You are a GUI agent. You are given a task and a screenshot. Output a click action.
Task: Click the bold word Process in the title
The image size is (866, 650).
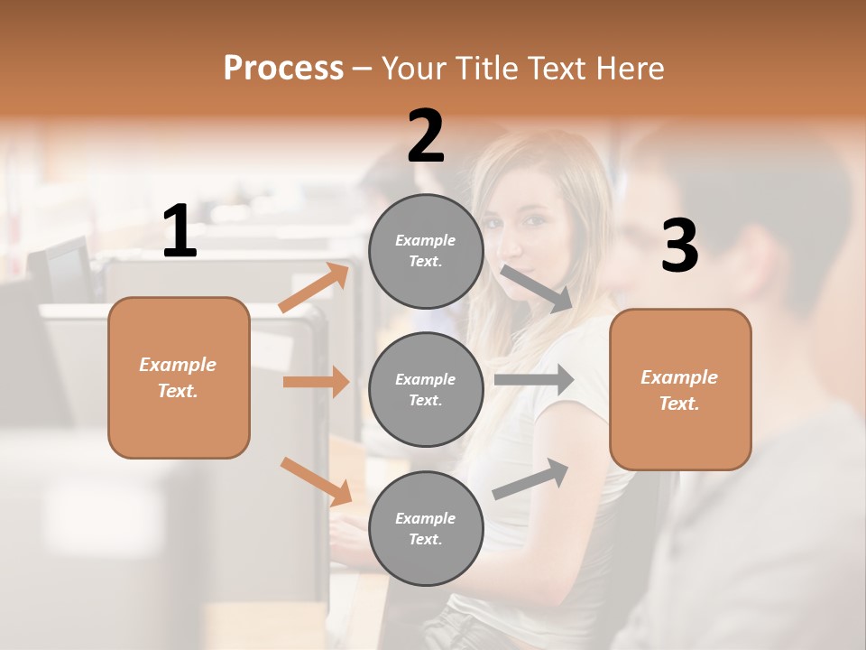pyautogui.click(x=283, y=69)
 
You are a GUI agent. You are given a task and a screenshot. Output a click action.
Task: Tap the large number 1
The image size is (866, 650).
pyautogui.click(x=180, y=232)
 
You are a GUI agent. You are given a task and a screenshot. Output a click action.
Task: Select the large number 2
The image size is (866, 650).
pyautogui.click(x=426, y=136)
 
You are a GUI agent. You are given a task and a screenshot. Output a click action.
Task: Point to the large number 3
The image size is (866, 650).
pyautogui.click(x=679, y=246)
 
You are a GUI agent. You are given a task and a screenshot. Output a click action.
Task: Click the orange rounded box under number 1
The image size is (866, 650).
pyautogui.click(x=179, y=377)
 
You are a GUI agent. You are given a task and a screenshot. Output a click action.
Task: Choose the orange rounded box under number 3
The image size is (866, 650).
pyautogui.click(x=680, y=389)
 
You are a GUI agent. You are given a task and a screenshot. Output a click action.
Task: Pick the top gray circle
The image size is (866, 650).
pyautogui.click(x=426, y=251)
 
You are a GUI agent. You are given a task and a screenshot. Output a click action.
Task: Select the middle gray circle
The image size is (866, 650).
pyautogui.click(x=426, y=389)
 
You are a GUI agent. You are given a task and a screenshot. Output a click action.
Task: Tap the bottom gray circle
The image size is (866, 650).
pyautogui.click(x=426, y=528)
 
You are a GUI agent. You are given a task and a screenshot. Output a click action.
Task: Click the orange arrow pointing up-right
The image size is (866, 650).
pyautogui.click(x=314, y=288)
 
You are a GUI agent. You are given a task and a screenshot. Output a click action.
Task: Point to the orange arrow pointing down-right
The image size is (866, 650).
pyautogui.click(x=316, y=481)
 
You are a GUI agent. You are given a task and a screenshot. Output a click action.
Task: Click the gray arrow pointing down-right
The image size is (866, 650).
pyautogui.click(x=536, y=288)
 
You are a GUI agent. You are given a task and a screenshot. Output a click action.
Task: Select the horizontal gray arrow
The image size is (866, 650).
pyautogui.click(x=533, y=379)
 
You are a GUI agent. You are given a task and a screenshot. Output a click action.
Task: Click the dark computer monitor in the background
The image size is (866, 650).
pyautogui.click(x=63, y=271)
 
